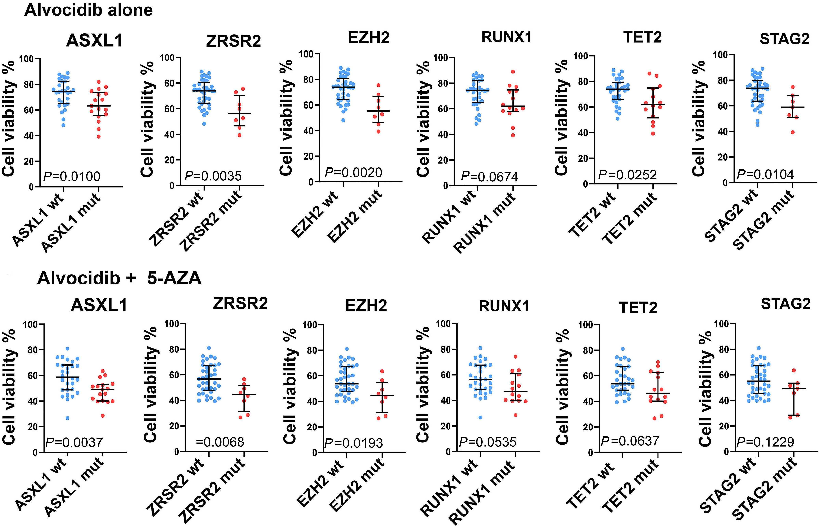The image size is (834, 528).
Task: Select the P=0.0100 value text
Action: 72,177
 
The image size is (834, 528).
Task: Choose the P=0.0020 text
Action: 353,173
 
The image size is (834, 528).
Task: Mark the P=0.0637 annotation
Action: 630,441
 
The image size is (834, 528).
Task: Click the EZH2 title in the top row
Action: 369,37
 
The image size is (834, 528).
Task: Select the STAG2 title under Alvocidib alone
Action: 785,39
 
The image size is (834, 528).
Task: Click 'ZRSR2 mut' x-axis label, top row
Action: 211,222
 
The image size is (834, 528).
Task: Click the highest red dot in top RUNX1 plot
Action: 513,72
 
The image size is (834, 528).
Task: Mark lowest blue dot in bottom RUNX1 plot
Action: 480,417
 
